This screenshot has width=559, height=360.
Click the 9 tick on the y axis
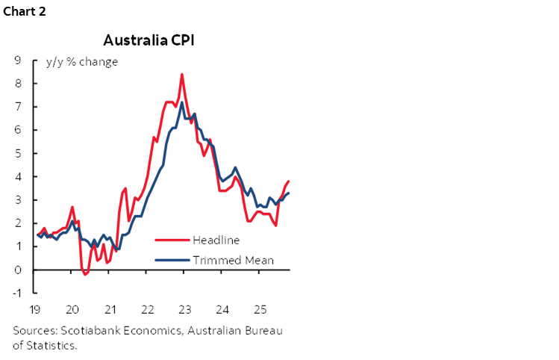coord(16,60)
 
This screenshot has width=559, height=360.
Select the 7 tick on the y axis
coord(16,107)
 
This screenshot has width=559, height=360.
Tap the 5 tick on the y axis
coord(16,153)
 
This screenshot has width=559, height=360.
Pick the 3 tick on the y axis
coord(16,200)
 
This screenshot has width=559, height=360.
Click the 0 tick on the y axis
coord(16,270)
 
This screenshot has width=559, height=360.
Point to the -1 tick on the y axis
coord(15,293)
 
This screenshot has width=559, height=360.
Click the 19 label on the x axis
coord(35,309)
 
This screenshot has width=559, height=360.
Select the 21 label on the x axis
coord(110,309)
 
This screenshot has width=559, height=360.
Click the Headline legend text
coord(216,240)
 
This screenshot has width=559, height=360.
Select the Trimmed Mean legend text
coord(233,260)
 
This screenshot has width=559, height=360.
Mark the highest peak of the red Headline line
coord(182,74)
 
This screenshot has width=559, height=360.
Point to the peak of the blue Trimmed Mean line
coord(182,102)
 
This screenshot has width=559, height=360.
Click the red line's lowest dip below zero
coord(85,274)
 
